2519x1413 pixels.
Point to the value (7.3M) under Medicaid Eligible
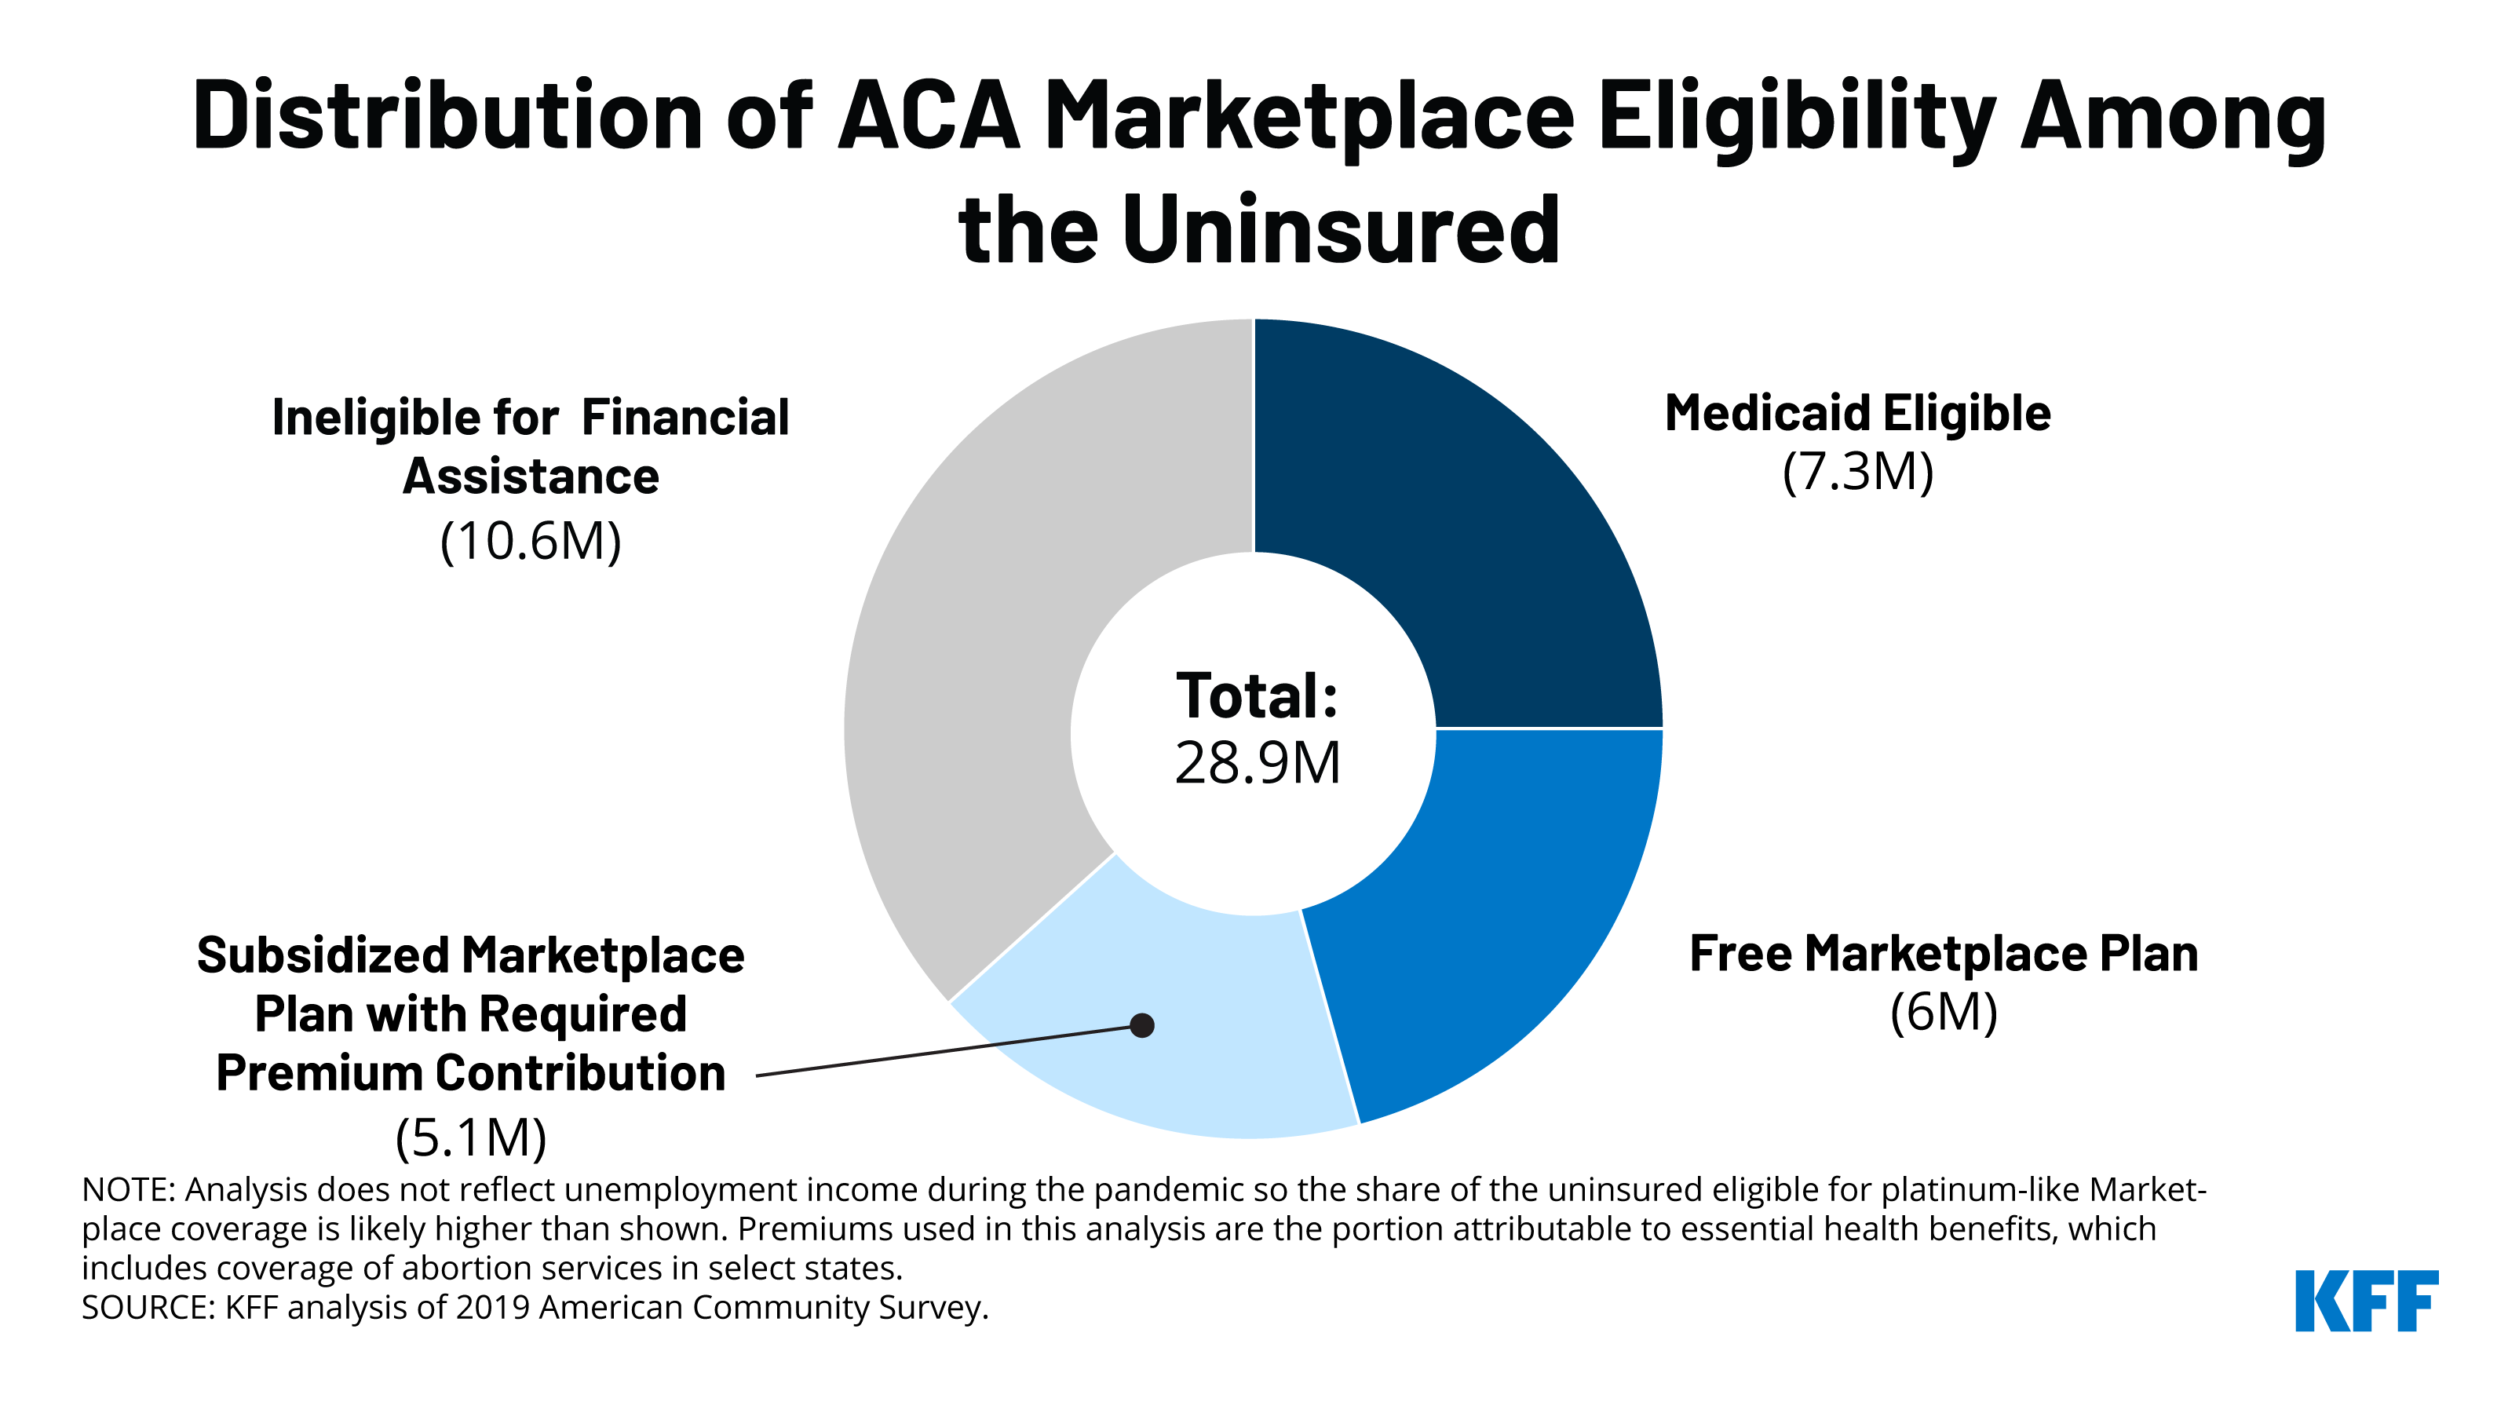pyautogui.click(x=1857, y=473)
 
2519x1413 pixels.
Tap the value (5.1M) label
pyautogui.click(x=470, y=1137)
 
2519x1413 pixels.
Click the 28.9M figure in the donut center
pyautogui.click(x=1257, y=764)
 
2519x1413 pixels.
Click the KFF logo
pyautogui.click(x=2367, y=1301)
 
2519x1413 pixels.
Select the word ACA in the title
pyautogui.click(x=928, y=116)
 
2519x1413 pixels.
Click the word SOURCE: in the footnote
pyautogui.click(x=148, y=1307)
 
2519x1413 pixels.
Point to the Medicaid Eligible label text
pyautogui.click(x=1857, y=413)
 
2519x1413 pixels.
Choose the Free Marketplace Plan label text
pyautogui.click(x=1943, y=954)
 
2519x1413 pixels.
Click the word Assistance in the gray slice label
pyautogui.click(x=531, y=477)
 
